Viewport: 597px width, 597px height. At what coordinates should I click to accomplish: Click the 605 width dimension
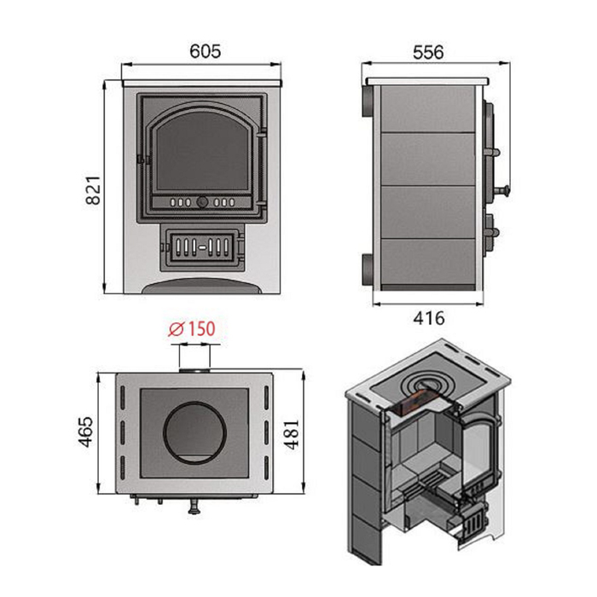(206, 51)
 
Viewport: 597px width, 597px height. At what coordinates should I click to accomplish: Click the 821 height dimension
(93, 190)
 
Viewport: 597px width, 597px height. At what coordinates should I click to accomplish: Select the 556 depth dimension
(428, 52)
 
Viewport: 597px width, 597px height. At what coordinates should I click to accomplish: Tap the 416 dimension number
(429, 318)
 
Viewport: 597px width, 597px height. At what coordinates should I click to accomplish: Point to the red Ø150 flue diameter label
(192, 329)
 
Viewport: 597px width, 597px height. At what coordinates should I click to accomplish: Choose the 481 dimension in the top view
(293, 434)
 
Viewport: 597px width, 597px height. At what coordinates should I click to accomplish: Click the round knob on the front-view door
(202, 201)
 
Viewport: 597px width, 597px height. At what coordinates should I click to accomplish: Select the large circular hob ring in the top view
(195, 432)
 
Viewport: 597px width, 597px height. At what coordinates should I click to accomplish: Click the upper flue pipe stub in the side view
(368, 101)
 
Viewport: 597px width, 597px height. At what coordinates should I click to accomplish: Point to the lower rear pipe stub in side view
(368, 270)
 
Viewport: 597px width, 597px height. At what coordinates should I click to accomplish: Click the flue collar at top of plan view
(194, 371)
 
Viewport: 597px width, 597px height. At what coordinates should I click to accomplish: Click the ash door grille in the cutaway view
(473, 524)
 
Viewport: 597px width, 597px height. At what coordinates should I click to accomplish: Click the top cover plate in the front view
(202, 83)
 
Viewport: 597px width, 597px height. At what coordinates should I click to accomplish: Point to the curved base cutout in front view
(202, 286)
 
